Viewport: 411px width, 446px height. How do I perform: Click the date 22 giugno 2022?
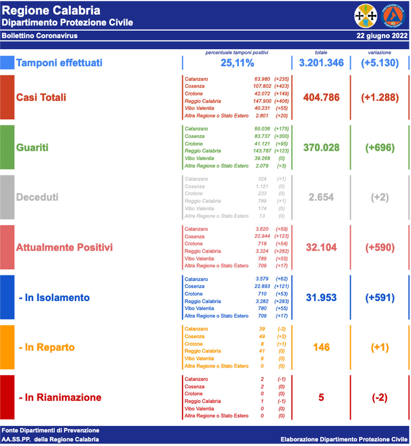382,36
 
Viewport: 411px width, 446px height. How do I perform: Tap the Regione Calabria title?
51,10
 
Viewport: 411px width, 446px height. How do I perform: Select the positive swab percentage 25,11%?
237,63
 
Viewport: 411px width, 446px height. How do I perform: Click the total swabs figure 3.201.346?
321,63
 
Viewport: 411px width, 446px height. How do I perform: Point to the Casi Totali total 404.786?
321,97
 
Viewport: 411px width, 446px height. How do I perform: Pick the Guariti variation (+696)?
380,148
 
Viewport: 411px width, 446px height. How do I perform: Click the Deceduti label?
37,197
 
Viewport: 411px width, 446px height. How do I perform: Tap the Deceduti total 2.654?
321,197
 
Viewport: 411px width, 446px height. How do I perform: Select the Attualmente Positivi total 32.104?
321,247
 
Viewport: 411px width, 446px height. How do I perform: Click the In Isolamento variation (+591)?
380,298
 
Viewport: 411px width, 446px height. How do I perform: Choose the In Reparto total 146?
321,347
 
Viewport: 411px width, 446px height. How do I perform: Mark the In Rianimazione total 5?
321,397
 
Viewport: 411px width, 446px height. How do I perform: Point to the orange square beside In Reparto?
7,347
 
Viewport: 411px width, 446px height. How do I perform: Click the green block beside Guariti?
7,147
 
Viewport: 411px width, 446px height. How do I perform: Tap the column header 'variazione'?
379,53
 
